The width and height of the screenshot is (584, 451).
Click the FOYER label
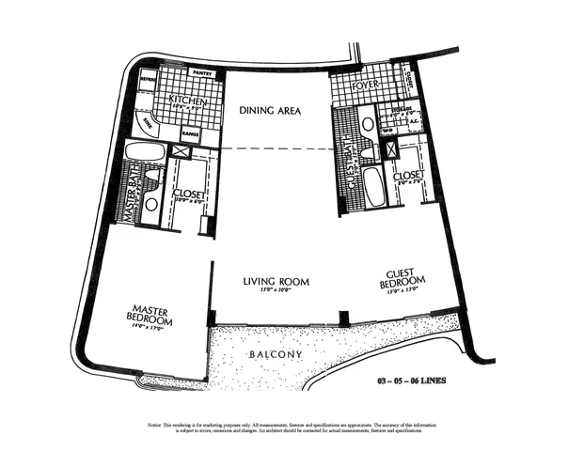(x=364, y=86)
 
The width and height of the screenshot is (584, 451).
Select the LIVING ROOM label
(x=276, y=281)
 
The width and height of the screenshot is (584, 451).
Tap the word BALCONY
(x=275, y=354)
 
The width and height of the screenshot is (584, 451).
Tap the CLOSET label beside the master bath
(x=190, y=194)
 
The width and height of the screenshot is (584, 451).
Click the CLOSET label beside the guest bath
(x=407, y=175)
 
